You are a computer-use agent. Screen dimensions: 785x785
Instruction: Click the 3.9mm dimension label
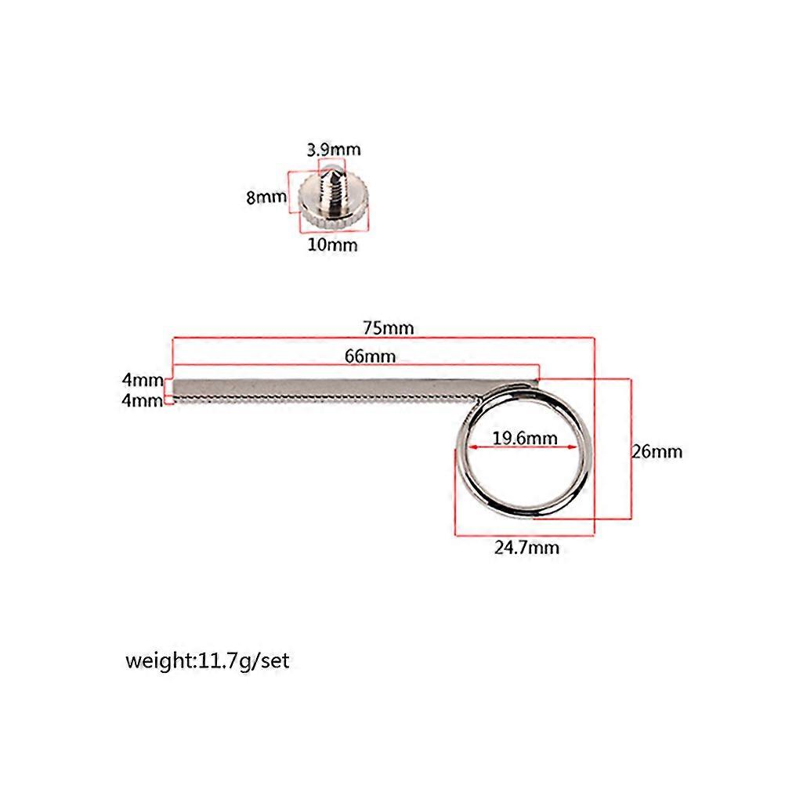coord(334,149)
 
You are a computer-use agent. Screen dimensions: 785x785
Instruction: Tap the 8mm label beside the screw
coord(266,197)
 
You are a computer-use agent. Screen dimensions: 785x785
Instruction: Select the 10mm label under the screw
coord(332,244)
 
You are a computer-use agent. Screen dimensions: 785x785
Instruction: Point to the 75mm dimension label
coord(389,328)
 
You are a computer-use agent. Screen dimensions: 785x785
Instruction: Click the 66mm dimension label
coord(370,356)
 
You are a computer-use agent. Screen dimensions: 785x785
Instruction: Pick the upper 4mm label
coord(143,380)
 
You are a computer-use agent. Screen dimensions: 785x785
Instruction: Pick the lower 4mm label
coord(142,400)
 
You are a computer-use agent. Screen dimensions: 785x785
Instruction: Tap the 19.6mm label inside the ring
coord(525,438)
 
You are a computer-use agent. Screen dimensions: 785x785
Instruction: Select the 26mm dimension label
coord(657,451)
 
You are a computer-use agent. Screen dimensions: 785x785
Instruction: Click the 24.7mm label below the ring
coord(526,547)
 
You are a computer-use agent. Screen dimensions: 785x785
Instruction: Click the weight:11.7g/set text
coord(208,661)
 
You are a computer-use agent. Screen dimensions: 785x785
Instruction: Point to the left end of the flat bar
coord(174,390)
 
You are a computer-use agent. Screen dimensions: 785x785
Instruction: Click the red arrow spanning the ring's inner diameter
coord(523,447)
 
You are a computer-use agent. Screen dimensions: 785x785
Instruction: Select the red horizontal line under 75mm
coord(383,338)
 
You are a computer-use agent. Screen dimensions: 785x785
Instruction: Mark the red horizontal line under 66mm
coord(356,365)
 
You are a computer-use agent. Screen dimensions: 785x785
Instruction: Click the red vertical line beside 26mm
coord(631,449)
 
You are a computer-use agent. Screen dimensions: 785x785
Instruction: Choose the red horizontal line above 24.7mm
coord(525,536)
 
